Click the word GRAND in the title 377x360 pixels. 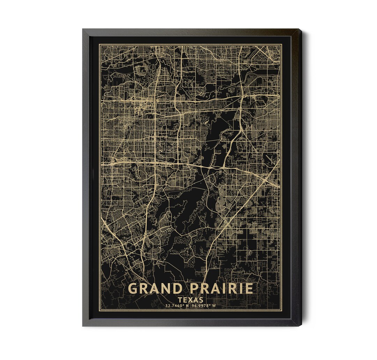(155, 288)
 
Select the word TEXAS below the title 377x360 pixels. (190, 300)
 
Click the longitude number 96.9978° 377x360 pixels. (201, 306)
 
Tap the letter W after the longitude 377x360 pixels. (214, 306)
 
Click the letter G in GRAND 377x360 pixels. (133, 288)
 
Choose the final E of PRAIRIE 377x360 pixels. (249, 288)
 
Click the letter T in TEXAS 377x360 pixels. (179, 300)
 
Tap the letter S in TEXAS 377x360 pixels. (201, 300)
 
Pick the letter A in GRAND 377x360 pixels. (155, 288)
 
